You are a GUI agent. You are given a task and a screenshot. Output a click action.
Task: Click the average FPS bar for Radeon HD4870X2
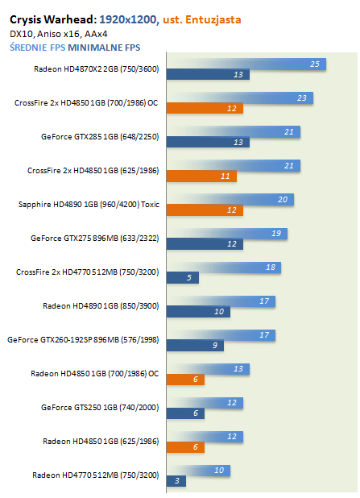click(246, 64)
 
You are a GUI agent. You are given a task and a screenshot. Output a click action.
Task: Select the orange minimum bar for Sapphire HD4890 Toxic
click(205, 210)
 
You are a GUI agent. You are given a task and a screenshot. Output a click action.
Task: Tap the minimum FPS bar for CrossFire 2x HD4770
click(183, 277)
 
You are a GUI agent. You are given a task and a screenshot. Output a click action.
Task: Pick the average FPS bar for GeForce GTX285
click(234, 132)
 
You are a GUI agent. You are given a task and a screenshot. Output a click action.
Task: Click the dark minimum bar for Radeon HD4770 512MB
click(176, 481)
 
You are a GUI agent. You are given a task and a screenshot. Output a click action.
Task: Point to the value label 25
click(315, 64)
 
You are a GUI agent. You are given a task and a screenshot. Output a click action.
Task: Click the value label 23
click(302, 98)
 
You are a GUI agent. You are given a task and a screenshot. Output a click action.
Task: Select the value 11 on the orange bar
click(225, 176)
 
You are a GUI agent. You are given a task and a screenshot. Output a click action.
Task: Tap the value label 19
click(276, 234)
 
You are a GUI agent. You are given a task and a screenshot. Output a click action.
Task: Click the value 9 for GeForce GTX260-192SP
click(215, 345)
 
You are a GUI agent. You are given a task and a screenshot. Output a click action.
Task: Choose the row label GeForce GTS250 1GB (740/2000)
click(100, 408)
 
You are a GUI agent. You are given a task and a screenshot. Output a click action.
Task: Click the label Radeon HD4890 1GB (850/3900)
click(101, 306)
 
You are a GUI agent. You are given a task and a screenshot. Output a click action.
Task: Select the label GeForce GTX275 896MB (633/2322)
click(94, 239)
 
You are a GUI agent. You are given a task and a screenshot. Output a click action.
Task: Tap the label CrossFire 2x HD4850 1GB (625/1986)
click(93, 171)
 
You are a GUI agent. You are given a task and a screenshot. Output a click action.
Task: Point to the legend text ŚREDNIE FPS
click(38, 48)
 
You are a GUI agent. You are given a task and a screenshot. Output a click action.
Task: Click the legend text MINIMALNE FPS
click(104, 48)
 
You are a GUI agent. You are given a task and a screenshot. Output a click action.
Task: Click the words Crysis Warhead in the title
click(53, 20)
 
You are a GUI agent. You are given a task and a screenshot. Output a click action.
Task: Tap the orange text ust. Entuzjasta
click(202, 19)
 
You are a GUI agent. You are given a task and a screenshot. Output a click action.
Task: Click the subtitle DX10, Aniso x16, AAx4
click(59, 34)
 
